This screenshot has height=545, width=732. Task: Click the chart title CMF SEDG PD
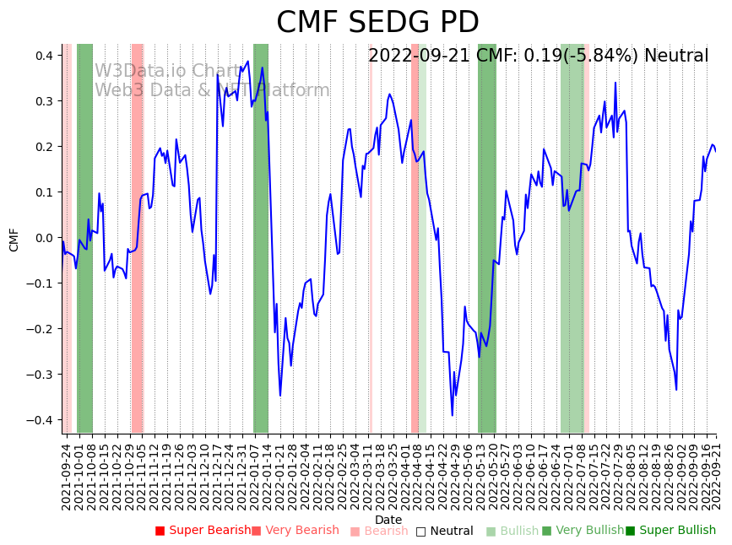(377, 23)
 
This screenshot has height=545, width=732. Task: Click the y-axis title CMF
(14, 239)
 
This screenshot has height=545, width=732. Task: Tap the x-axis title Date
(388, 520)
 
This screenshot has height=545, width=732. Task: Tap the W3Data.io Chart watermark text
(167, 71)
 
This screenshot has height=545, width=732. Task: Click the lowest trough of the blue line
(453, 415)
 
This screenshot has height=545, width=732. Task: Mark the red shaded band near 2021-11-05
(137, 238)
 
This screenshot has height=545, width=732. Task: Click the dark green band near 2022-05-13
(487, 238)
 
